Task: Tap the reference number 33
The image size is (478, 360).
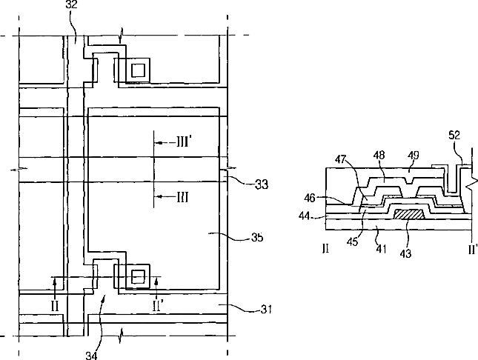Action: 261,184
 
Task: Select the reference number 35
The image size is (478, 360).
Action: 257,238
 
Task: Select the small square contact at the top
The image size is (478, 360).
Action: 138,70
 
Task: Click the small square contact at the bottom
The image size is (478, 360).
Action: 138,276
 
